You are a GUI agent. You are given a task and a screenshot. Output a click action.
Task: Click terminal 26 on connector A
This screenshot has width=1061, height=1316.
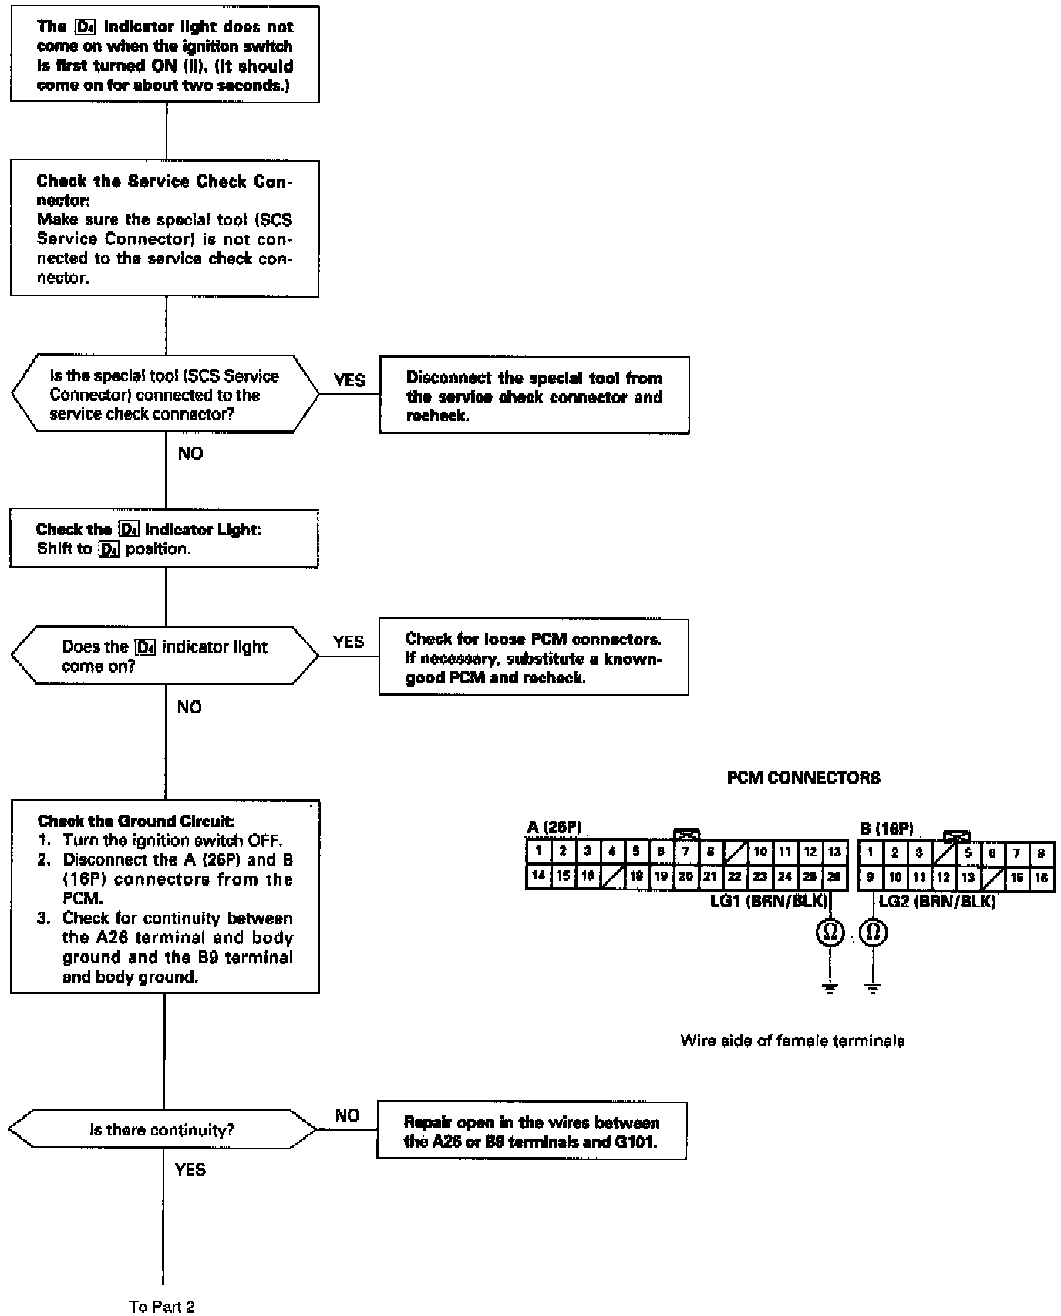(834, 876)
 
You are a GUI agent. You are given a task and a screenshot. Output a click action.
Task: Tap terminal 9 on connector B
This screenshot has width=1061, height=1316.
(870, 877)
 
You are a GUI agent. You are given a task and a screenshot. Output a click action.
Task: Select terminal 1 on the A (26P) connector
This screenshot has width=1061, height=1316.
(539, 852)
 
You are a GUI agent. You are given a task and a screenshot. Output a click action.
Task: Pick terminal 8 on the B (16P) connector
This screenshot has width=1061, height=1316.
(1042, 852)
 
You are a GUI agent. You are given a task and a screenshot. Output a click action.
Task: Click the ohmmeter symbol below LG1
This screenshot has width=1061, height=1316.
(830, 933)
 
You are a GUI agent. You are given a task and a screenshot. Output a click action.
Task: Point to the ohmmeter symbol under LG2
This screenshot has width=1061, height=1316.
(873, 933)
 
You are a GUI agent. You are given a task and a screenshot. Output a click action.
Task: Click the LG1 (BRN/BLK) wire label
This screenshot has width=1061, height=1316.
(768, 901)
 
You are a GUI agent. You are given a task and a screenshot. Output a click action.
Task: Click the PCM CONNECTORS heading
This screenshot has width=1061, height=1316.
(803, 778)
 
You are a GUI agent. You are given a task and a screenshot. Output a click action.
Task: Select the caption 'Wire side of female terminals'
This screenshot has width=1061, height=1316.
(792, 1041)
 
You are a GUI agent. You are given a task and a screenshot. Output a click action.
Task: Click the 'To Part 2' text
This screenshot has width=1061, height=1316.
(162, 1306)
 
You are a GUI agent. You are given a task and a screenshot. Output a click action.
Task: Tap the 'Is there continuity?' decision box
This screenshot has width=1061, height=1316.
(162, 1130)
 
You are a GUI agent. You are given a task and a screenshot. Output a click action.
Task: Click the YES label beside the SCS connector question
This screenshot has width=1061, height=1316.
(349, 380)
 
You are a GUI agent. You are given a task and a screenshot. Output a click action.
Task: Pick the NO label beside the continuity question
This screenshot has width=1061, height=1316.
(347, 1115)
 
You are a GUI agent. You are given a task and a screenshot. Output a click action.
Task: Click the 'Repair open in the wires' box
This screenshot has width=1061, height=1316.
(531, 1131)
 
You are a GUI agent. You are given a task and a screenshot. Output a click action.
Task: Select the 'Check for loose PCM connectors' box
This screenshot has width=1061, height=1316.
(534, 658)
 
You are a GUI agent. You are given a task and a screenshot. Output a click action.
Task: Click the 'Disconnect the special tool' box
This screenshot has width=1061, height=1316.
(534, 396)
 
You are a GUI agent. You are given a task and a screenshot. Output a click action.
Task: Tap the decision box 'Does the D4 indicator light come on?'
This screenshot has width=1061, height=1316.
(164, 656)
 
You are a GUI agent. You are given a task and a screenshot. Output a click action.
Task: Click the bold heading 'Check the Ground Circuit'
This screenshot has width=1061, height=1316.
(136, 821)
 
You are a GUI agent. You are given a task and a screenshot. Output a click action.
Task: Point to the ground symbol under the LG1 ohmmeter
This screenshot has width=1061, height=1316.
(830, 988)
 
